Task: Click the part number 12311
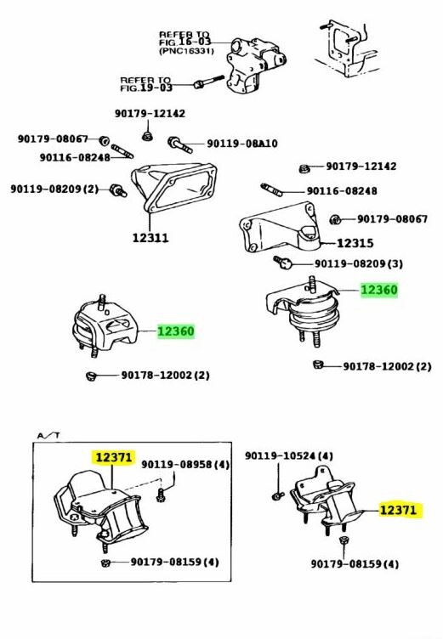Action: [150, 238]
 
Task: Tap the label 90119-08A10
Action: [242, 144]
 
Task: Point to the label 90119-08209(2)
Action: [54, 189]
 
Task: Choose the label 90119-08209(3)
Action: [359, 263]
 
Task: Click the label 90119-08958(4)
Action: [185, 464]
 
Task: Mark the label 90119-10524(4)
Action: [288, 456]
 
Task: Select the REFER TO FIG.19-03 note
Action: [146, 82]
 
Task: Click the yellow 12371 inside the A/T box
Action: [113, 457]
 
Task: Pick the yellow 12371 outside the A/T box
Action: [398, 510]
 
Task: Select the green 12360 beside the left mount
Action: [175, 331]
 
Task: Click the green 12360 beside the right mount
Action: [378, 290]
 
